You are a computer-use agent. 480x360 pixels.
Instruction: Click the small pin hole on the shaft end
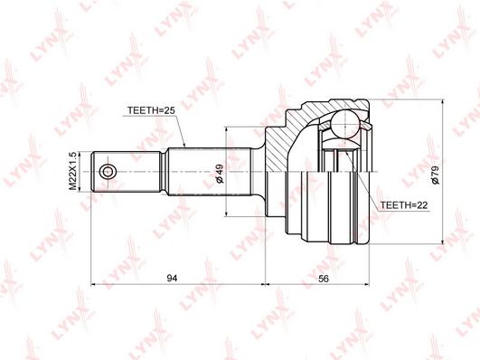click(108, 171)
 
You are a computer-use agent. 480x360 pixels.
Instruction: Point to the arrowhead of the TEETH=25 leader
click(184, 145)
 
